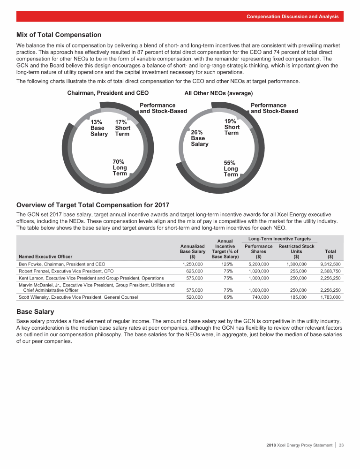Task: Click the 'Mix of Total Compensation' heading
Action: [59, 35]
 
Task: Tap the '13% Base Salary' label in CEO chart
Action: [99, 128]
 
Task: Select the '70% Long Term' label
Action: [120, 167]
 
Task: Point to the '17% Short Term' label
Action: [123, 128]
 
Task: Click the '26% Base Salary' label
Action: [200, 138]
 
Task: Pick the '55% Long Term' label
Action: [231, 168]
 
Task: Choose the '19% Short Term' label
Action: [232, 127]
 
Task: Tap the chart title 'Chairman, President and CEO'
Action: [108, 93]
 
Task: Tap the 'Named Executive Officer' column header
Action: [45, 257]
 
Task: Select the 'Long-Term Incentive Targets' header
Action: [279, 239]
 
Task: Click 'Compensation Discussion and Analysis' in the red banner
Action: [292, 16]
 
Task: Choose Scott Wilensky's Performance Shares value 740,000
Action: [261, 297]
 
